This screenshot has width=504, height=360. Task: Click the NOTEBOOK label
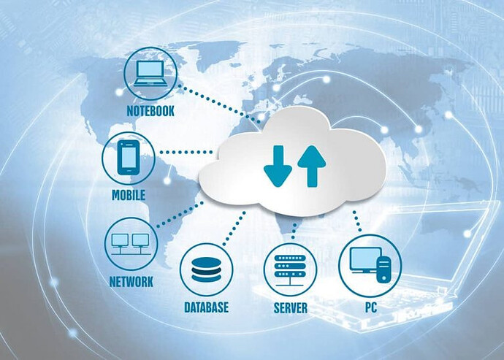tap(150, 111)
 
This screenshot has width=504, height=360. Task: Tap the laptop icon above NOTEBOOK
tap(150, 73)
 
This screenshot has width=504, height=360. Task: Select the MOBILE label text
tap(129, 195)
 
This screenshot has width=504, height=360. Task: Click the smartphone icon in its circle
tap(129, 158)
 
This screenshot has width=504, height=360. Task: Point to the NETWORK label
tap(131, 282)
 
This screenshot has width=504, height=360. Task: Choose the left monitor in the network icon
tap(120, 240)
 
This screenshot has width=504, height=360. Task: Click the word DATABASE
tap(207, 307)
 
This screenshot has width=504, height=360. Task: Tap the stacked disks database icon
tap(206, 269)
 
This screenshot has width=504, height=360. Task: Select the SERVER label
tap(290, 308)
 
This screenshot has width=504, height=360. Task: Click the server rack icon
tap(290, 270)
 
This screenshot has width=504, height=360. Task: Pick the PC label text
tap(370, 307)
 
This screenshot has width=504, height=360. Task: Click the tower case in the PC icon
tap(383, 269)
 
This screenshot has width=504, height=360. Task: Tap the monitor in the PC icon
tap(365, 260)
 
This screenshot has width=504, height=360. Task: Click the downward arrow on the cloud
tap(278, 166)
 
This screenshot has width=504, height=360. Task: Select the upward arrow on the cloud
tap(312, 166)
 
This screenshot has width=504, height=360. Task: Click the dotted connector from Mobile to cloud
tap(186, 152)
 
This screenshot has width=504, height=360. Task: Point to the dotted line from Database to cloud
tap(234, 229)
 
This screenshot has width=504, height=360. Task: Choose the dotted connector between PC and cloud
tap(357, 221)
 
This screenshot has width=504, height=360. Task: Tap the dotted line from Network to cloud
tap(180, 215)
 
